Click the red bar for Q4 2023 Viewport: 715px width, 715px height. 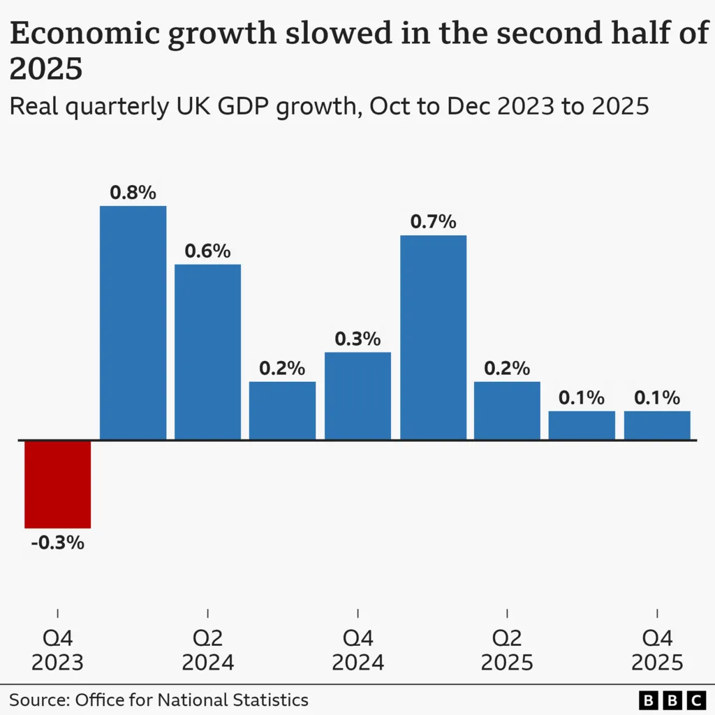click(57, 484)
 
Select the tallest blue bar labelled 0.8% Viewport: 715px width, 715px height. click(133, 323)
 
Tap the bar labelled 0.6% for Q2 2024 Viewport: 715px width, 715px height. click(207, 352)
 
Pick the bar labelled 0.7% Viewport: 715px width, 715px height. click(433, 337)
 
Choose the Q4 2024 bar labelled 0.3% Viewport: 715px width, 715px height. click(357, 396)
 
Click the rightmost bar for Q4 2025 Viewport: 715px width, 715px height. click(657, 425)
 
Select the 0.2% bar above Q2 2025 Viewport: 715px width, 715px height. click(507, 411)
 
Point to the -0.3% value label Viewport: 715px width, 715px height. click(57, 543)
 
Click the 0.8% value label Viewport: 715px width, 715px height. click(133, 193)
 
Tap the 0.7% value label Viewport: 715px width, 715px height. click(433, 222)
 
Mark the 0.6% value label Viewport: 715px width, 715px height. click(207, 251)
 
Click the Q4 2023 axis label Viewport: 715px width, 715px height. click(57, 650)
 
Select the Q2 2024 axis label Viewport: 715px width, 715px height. click(207, 650)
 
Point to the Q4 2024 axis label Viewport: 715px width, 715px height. click(357, 650)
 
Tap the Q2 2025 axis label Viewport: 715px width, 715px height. click(507, 650)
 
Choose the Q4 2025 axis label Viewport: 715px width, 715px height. click(657, 650)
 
